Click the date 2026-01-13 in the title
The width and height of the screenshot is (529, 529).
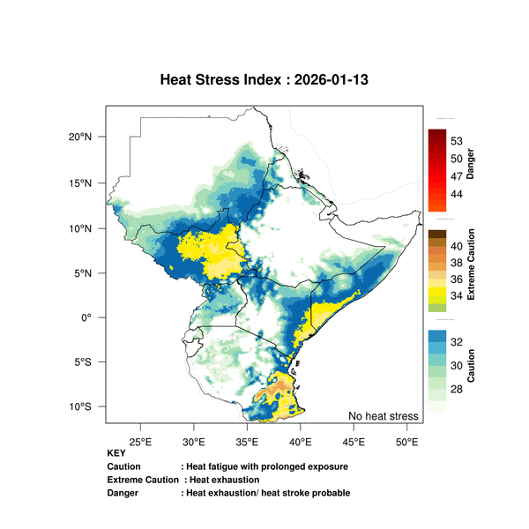pos(332,79)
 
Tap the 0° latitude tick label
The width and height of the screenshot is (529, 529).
pos(86,317)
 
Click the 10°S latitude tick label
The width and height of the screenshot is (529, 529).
pos(81,407)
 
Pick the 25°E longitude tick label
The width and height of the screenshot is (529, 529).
pos(141,440)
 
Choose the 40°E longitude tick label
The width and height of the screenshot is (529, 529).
pos(301,440)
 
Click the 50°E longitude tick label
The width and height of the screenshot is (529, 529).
pos(406,440)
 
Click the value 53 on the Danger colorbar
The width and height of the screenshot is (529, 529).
pos(458,141)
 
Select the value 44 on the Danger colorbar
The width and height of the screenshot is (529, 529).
pos(458,193)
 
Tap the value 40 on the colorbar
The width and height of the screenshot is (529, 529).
pos(458,245)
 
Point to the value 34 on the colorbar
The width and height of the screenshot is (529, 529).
pos(458,296)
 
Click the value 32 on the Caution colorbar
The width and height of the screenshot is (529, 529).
pos(458,341)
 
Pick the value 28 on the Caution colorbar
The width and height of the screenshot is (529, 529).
pos(458,389)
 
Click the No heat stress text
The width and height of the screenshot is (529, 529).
pos(383,415)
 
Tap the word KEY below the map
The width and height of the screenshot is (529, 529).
pos(115,454)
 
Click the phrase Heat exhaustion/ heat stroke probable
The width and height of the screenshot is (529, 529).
pos(268,492)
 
